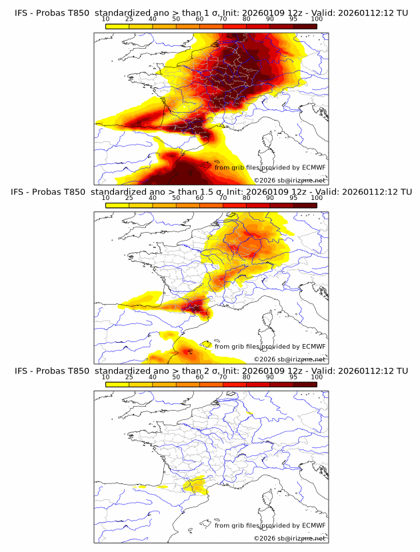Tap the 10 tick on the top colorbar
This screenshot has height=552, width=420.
[x=106, y=19]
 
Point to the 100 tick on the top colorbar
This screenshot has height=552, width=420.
[x=317, y=19]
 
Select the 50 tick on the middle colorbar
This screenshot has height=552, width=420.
[x=176, y=198]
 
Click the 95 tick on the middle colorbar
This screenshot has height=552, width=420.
[x=293, y=198]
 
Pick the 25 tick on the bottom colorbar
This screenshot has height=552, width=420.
[x=129, y=377]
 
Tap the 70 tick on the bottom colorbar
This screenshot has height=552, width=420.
[x=223, y=377]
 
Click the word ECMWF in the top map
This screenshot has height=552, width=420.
[x=313, y=167]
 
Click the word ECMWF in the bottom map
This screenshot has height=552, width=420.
[x=313, y=525]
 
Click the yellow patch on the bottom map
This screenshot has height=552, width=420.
[x=195, y=487]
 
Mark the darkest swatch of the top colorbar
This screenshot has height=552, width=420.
[x=305, y=27]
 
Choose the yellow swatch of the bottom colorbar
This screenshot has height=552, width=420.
[x=117, y=385]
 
